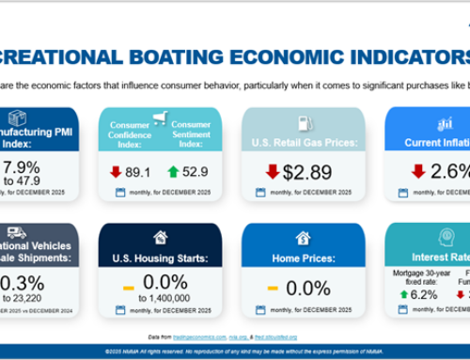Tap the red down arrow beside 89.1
click(117, 172)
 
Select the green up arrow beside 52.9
click(174, 172)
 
